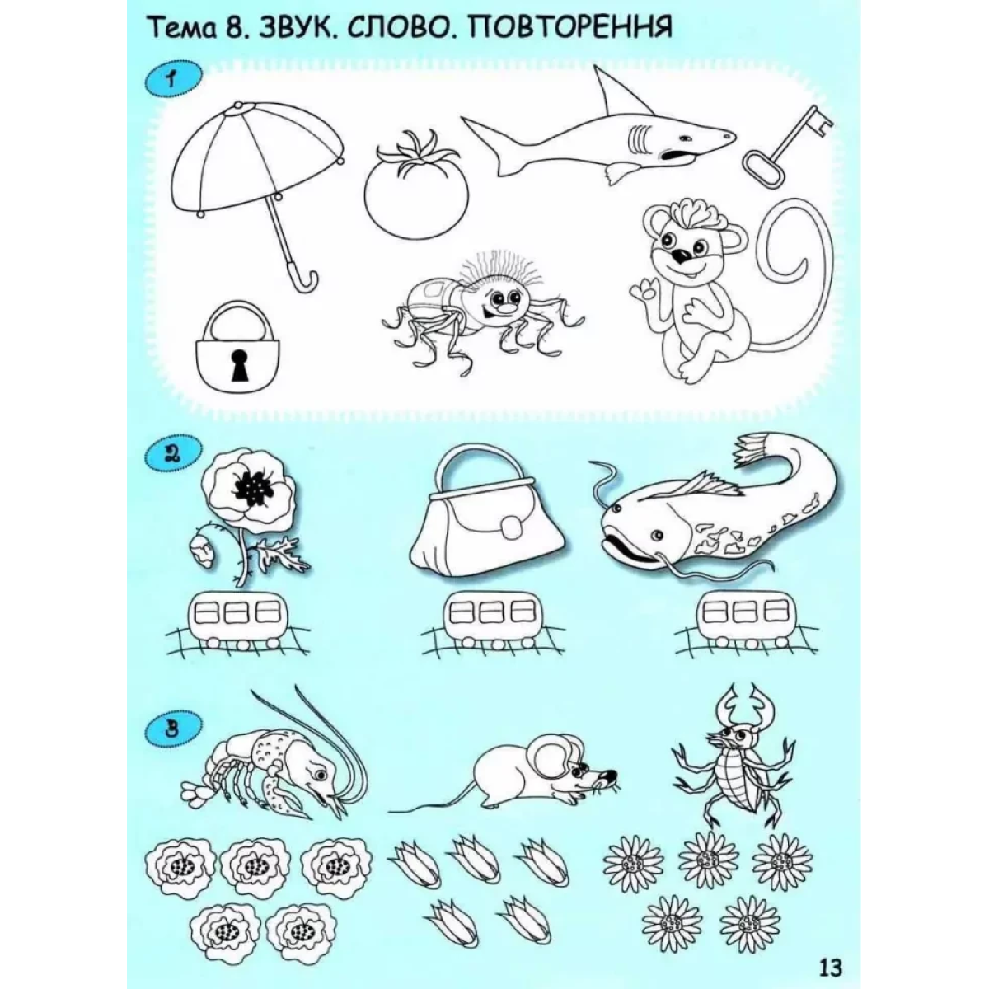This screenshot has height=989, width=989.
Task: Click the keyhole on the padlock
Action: click(239, 364)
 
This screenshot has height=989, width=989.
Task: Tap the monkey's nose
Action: click(683, 255)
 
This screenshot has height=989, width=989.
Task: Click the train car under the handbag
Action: click(492, 618)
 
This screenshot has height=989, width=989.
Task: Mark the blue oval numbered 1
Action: click(173, 80)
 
